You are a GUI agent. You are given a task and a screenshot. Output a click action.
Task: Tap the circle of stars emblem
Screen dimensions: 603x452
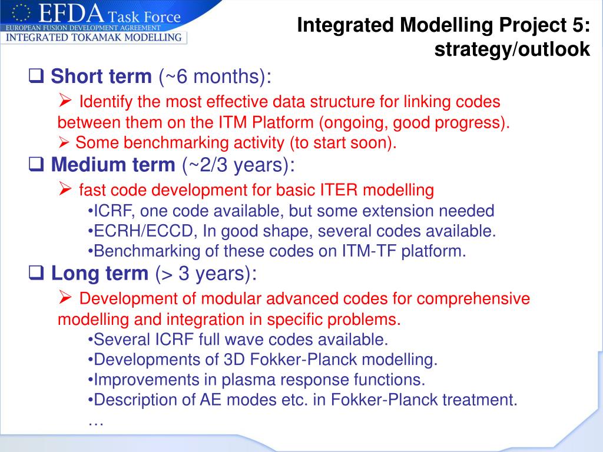point(21,13)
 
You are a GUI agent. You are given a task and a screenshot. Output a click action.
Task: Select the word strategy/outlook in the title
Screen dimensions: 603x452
point(512,49)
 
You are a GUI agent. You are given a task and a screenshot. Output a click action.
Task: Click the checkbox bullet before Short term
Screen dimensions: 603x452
point(36,76)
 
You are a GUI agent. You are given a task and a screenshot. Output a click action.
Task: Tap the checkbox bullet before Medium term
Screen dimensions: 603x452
point(36,164)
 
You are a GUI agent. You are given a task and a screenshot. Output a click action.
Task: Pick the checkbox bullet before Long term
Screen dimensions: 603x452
point(36,273)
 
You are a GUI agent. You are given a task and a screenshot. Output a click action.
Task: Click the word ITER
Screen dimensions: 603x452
point(340,190)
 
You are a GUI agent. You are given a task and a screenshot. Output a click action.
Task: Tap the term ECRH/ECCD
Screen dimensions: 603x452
point(143,231)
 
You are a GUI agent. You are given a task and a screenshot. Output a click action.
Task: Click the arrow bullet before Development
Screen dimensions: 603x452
point(65,297)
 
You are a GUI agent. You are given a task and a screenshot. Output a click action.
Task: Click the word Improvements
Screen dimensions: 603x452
point(146,380)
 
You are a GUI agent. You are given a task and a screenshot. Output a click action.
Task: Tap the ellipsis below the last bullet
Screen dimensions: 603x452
point(96,423)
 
